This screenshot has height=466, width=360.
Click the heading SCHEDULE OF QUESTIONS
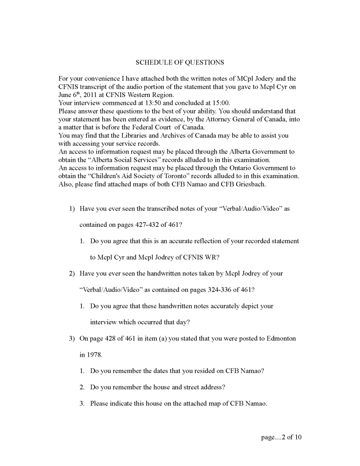click(180, 62)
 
